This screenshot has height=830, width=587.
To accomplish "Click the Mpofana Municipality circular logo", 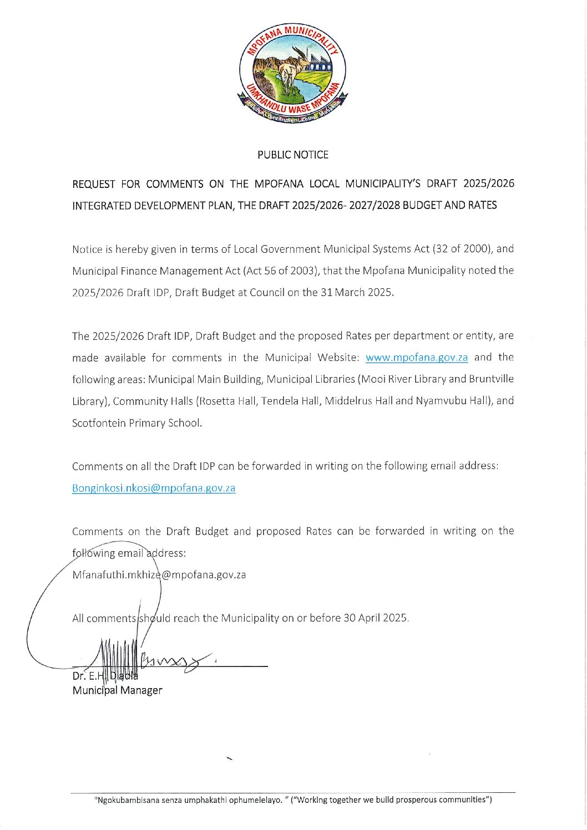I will (292, 74).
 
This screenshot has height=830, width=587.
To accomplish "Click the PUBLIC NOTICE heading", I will (292, 155).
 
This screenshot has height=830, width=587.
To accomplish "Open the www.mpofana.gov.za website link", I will (417, 358).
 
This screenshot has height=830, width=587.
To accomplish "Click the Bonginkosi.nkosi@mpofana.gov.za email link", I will (154, 488).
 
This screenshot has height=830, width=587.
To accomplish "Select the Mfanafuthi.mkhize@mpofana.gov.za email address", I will (159, 574).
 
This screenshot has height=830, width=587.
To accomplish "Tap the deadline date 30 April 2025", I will (375, 618).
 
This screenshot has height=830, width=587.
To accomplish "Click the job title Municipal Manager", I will (117, 690).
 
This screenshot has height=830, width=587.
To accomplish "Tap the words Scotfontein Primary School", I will (136, 422).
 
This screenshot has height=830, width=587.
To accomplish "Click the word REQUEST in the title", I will (94, 184).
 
